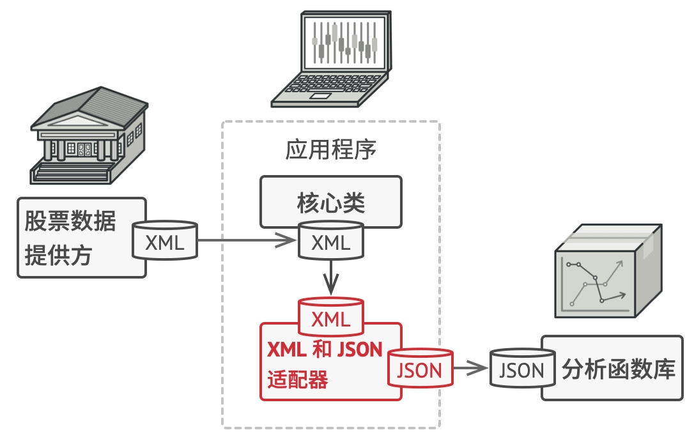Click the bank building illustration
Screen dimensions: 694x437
(89, 136)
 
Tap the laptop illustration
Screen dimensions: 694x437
(331, 59)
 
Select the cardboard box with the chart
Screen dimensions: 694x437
(608, 271)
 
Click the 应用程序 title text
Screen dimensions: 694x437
(330, 149)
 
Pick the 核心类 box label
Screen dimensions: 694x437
(330, 203)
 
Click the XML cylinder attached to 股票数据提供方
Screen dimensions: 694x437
(165, 240)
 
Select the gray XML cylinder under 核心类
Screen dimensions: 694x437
(331, 240)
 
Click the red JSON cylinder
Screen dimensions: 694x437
(420, 369)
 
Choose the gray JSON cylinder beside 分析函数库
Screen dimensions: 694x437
(522, 369)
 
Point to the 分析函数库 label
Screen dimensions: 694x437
(619, 369)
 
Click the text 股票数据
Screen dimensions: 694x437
(70, 220)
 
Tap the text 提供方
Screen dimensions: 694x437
(58, 255)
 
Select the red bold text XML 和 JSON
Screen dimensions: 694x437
(325, 349)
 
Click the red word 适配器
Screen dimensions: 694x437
(297, 379)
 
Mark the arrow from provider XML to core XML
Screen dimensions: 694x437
(247, 240)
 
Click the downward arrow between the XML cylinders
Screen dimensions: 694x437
(331, 277)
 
